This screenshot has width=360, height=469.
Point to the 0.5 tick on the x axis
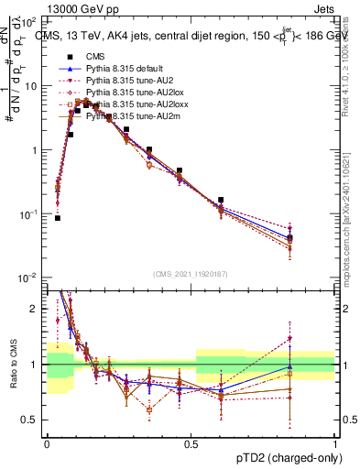click(x=191, y=442)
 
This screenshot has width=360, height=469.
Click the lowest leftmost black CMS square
click(x=58, y=218)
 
